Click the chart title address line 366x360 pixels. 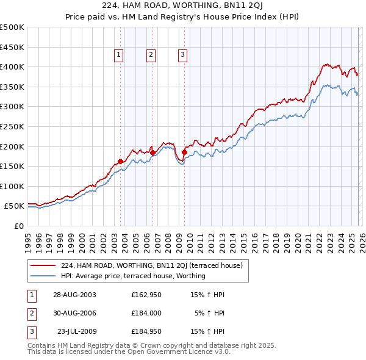[x=183, y=7]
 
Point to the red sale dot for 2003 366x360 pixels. [x=120, y=161]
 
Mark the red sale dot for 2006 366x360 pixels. [x=152, y=153]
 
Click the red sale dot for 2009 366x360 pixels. [x=184, y=153]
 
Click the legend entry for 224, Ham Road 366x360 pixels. [x=152, y=265]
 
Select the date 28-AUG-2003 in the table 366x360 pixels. [x=74, y=295]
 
